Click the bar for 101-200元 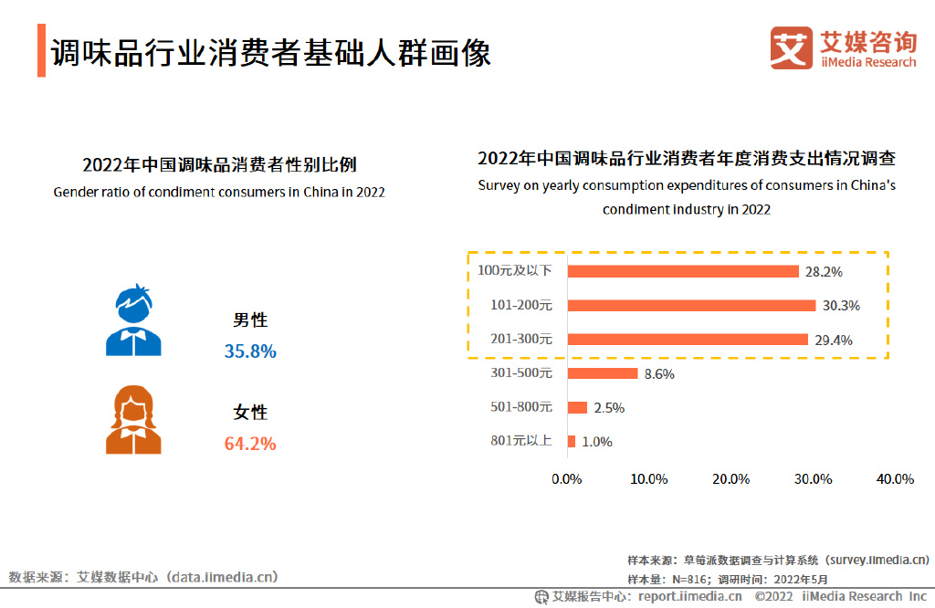click(x=691, y=305)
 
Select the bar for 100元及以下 click(x=683, y=271)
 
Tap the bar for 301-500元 click(x=603, y=373)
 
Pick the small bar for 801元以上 click(x=572, y=442)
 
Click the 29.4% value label click(x=835, y=340)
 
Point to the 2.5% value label click(x=609, y=408)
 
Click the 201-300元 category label click(x=521, y=339)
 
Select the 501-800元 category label click(x=521, y=407)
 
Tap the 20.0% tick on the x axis click(x=730, y=479)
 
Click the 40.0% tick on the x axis click(x=894, y=479)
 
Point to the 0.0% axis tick click(x=567, y=479)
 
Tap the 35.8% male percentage click(x=250, y=351)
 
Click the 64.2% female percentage click(x=250, y=444)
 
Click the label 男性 click(x=250, y=320)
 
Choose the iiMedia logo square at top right click(x=790, y=47)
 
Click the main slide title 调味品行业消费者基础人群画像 click(x=270, y=53)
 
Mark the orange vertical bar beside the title click(x=41, y=52)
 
